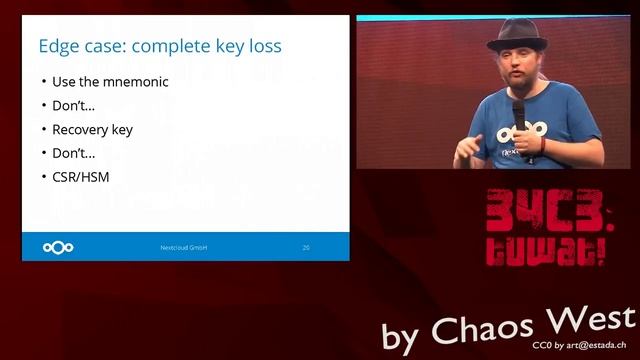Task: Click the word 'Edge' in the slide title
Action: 59,46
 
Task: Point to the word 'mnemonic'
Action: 135,82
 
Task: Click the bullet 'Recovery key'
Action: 92,129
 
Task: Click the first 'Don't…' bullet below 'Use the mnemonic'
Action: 74,106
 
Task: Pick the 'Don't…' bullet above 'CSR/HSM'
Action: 74,153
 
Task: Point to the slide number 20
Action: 306,247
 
